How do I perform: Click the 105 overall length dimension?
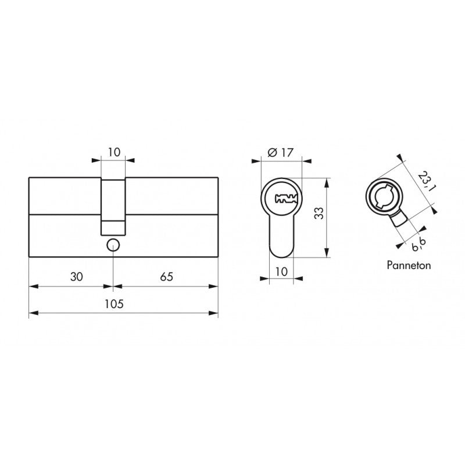click(x=114, y=304)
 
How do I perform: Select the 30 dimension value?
click(x=77, y=277)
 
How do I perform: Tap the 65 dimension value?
click(x=166, y=277)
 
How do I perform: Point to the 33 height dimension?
click(x=319, y=213)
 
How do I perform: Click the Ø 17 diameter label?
click(x=280, y=153)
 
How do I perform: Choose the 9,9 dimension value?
click(x=419, y=244)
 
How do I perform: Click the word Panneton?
click(x=409, y=265)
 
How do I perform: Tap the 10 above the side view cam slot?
click(x=114, y=152)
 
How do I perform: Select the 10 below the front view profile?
click(x=281, y=271)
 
